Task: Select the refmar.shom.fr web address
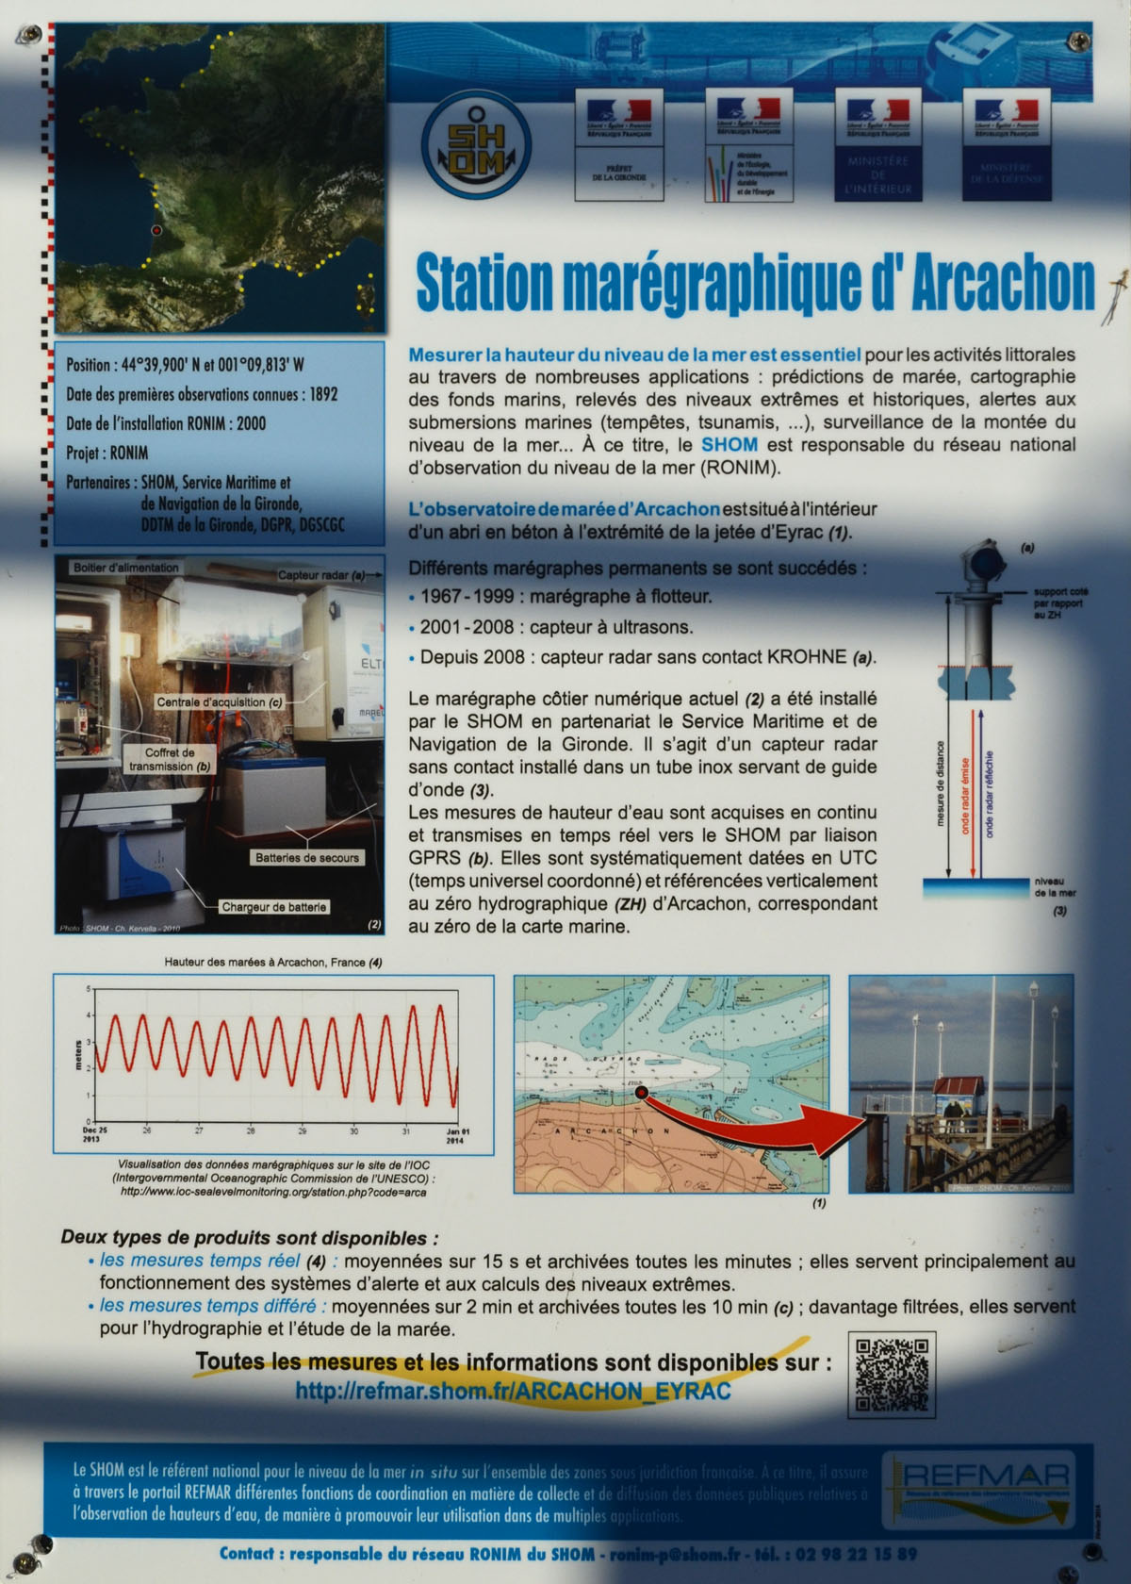tap(513, 1391)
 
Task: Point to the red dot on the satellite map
tap(156, 229)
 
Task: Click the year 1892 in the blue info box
tap(323, 394)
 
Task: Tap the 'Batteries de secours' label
tap(307, 857)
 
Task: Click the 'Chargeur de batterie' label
tap(273, 907)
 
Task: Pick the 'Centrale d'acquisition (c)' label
tap(220, 702)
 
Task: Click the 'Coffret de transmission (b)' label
tap(170, 760)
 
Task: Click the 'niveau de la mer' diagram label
tap(1054, 886)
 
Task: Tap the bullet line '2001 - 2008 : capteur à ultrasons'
tap(556, 627)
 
